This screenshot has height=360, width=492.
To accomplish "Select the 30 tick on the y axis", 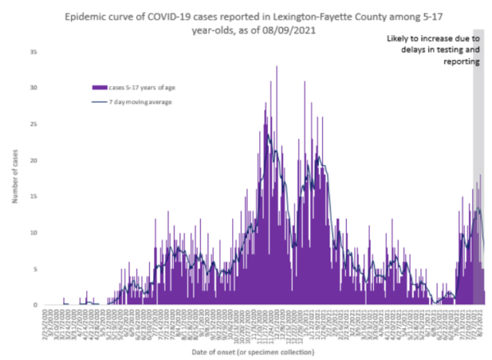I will pyautogui.click(x=33, y=87).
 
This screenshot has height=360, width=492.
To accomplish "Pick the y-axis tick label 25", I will pyautogui.click(x=33, y=124).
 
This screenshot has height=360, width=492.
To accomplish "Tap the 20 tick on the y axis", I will pyautogui.click(x=33, y=160).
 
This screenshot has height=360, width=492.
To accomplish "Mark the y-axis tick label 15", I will pyautogui.click(x=33, y=196).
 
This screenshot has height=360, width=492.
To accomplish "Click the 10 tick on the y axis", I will pyautogui.click(x=33, y=232).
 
